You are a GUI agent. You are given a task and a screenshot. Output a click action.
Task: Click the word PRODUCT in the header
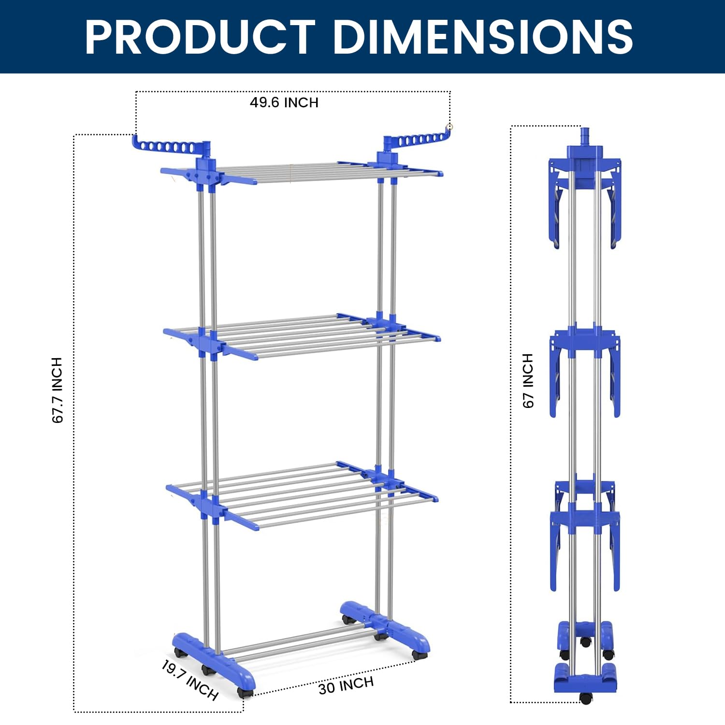tap(200, 37)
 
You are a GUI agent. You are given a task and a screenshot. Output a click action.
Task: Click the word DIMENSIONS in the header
tap(483, 37)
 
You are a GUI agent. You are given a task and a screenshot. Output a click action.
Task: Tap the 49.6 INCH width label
tap(284, 102)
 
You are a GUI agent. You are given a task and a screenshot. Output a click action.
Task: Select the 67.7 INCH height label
tap(58, 391)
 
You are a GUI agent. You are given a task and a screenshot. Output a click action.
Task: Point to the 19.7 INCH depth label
tap(189, 680)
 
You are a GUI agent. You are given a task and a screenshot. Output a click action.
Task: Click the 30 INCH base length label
tap(346, 685)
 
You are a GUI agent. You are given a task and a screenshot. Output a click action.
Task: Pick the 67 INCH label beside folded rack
tap(528, 381)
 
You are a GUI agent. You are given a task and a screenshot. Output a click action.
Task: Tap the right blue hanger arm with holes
tap(416, 140)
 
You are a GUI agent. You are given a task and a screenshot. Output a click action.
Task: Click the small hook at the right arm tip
tap(449, 127)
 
